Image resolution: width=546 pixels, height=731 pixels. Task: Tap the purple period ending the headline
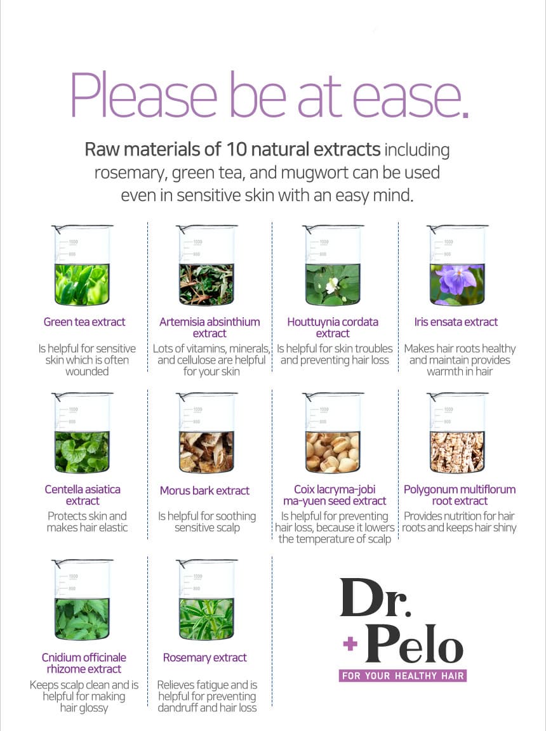point(463,112)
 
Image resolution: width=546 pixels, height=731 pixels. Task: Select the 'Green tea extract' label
point(84,322)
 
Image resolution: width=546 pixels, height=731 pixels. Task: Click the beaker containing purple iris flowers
point(457,265)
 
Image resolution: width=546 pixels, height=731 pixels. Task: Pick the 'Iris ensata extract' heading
point(456,322)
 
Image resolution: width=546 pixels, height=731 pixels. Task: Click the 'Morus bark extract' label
point(204,491)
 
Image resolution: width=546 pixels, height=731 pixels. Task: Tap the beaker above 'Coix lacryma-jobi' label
point(332,433)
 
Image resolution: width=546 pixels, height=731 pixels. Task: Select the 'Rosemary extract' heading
point(204,657)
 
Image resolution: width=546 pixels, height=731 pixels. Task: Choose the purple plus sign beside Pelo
point(350,644)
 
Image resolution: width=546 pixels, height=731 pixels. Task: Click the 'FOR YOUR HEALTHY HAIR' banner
point(403,676)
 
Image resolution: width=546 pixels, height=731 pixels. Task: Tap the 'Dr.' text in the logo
point(375,598)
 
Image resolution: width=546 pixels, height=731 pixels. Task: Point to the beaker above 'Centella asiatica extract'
point(82,433)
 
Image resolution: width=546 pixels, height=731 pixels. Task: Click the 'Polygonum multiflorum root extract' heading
point(460,495)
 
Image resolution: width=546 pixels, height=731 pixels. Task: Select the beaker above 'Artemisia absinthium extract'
point(206,265)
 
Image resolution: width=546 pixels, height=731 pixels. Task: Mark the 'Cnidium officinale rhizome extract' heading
point(84,663)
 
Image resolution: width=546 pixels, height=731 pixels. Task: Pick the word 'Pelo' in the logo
point(415,644)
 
